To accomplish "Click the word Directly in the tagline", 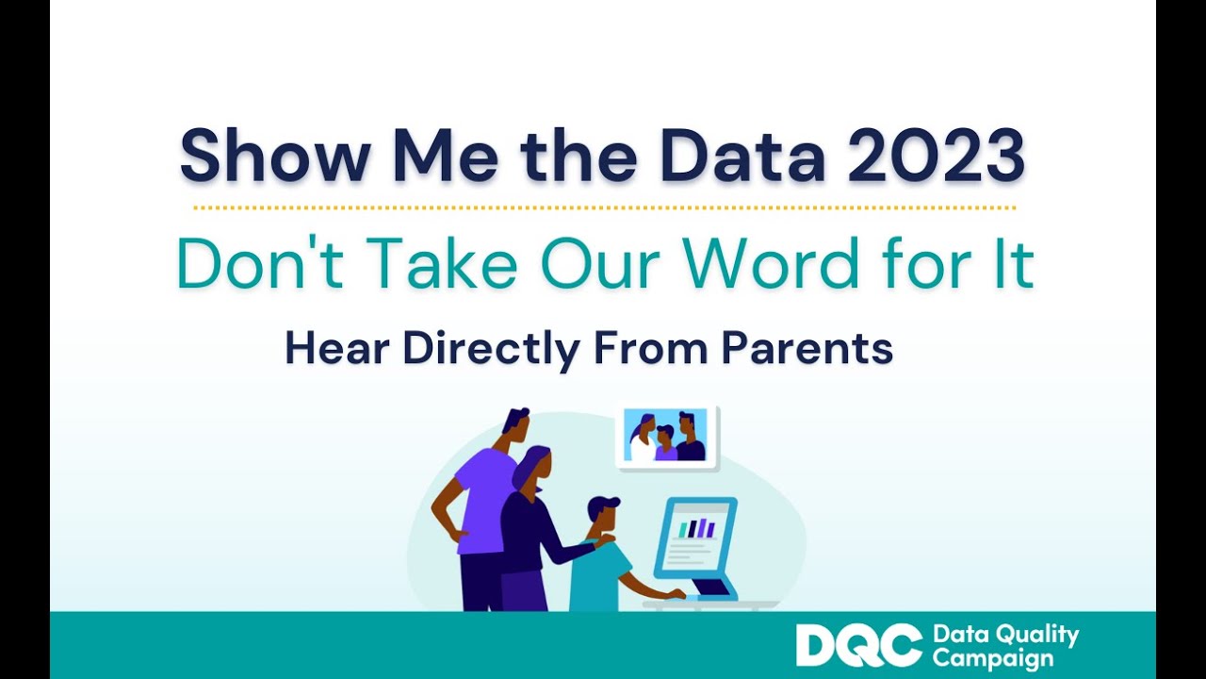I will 491,349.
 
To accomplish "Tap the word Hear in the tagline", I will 338,349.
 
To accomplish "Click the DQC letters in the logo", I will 858,646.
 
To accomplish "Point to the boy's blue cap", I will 604,506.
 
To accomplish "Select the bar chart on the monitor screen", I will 698,528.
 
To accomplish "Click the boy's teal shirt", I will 598,575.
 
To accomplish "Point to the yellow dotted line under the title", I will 603,207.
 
